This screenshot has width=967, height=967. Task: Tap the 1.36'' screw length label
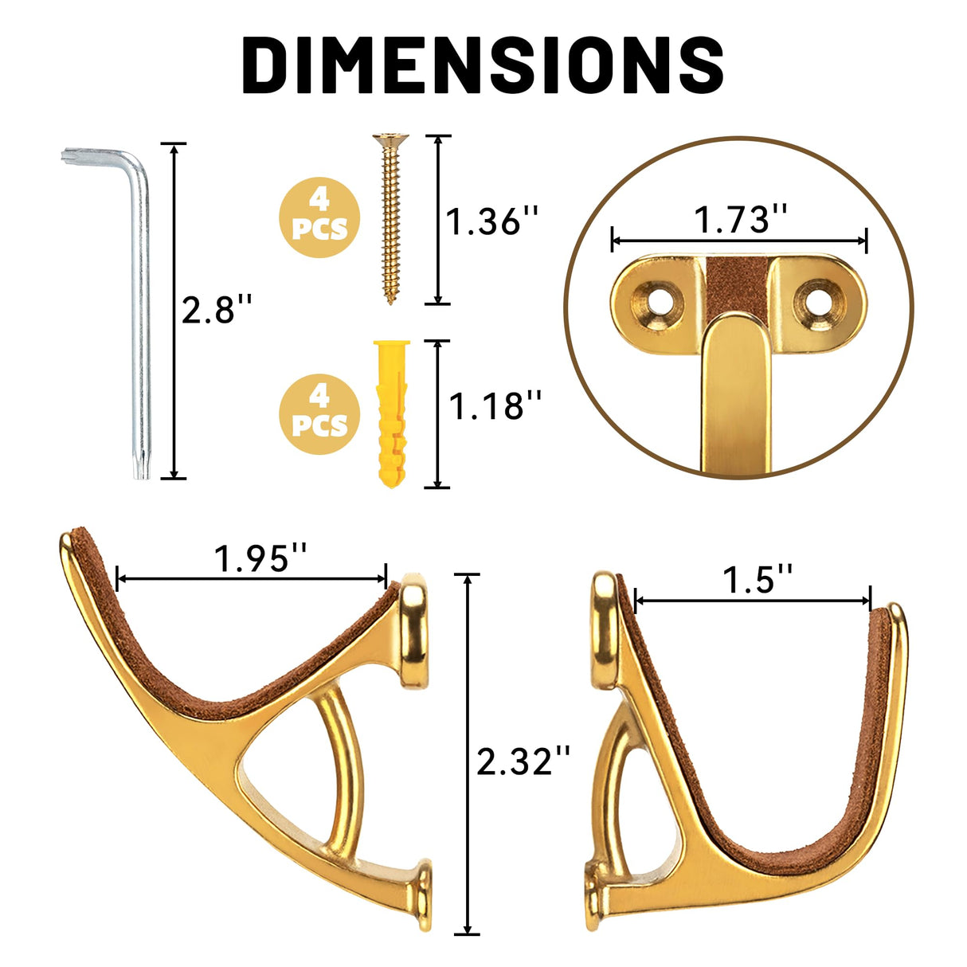(x=491, y=221)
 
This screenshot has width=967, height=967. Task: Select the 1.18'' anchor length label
(x=495, y=406)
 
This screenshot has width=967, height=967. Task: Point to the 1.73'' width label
(x=740, y=219)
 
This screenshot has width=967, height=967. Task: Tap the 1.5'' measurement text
(x=758, y=579)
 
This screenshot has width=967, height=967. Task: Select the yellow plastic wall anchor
(x=391, y=414)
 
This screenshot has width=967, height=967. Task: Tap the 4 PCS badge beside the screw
(x=319, y=217)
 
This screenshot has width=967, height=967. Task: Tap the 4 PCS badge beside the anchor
(x=319, y=413)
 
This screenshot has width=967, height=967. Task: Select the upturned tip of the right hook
(x=894, y=617)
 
